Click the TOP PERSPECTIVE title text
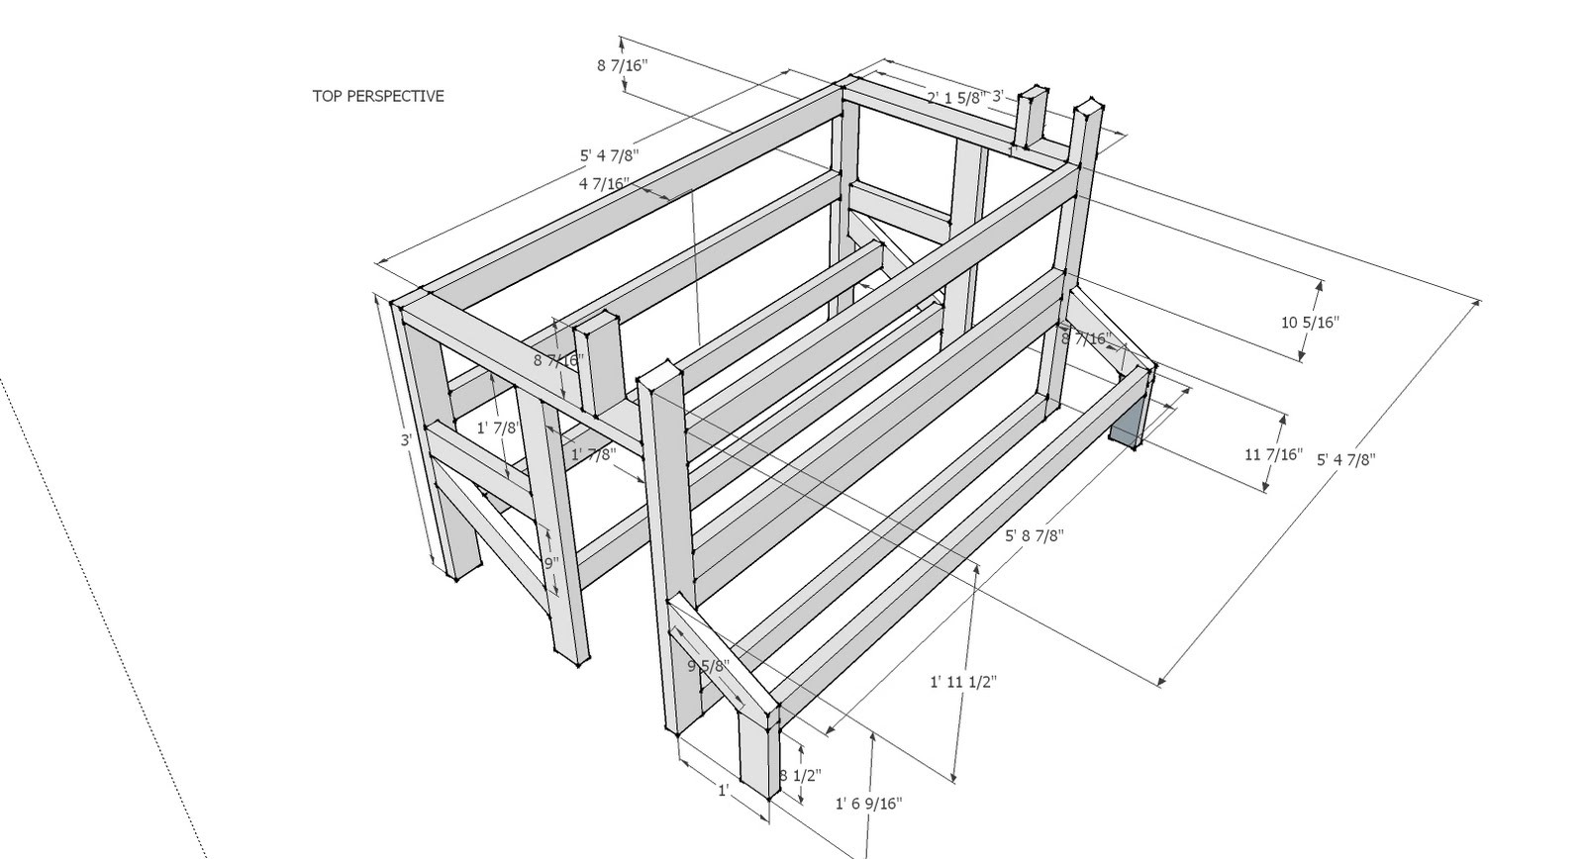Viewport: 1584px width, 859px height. click(x=378, y=96)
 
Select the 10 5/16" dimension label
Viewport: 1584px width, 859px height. click(x=1309, y=322)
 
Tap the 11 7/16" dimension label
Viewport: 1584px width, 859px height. click(x=1271, y=454)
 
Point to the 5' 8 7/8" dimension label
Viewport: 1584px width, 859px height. click(x=1034, y=535)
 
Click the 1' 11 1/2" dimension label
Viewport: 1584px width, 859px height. click(x=962, y=682)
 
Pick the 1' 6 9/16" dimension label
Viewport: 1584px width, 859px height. click(x=869, y=804)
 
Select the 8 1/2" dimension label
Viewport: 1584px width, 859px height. click(x=800, y=775)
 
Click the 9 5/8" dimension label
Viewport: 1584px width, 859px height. click(x=708, y=666)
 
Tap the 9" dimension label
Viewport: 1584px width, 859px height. click(x=551, y=563)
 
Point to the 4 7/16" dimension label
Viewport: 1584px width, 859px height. click(x=605, y=183)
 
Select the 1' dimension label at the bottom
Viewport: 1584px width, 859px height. click(x=725, y=790)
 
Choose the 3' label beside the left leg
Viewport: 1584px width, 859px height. click(x=407, y=439)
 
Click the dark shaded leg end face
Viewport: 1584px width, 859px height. click(x=1126, y=421)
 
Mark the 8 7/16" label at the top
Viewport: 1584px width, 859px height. click(x=622, y=65)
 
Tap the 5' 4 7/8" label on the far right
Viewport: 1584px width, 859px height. click(x=1345, y=459)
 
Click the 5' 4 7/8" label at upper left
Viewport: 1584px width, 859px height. click(x=609, y=155)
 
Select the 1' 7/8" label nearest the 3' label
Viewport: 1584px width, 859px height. click(x=498, y=428)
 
